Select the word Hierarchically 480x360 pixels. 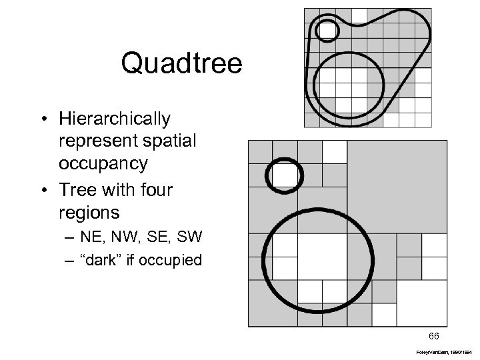[x=114, y=119]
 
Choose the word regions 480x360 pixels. [x=90, y=214]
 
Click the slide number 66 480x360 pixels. [x=434, y=335]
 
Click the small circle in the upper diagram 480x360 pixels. [x=327, y=29]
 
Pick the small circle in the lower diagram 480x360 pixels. [x=285, y=175]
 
